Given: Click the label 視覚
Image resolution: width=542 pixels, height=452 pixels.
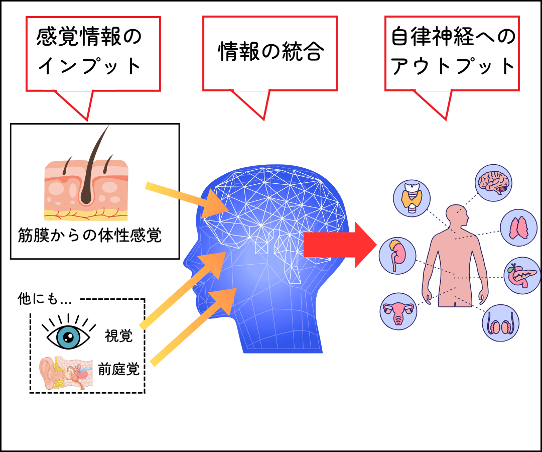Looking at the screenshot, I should [x=119, y=336].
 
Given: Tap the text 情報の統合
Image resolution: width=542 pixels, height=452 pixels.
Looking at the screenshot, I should [x=269, y=52].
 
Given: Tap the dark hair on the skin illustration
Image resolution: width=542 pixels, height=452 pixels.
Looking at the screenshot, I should [x=93, y=166].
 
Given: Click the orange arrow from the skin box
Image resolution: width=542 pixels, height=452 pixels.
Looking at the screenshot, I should [x=181, y=200].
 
